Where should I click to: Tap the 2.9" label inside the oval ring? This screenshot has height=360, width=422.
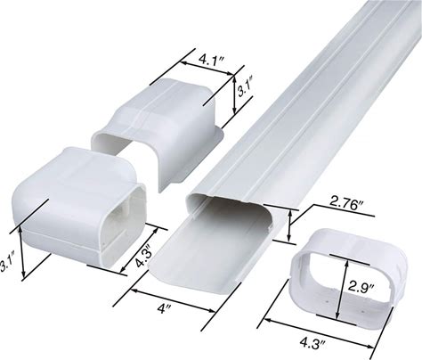[361, 287]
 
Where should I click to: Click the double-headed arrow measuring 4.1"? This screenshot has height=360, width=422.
[207, 69]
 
